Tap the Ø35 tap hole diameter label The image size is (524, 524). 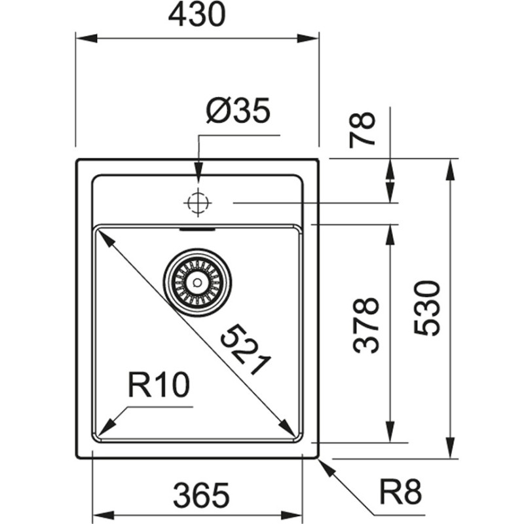(238, 113)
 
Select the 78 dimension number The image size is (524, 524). (362, 129)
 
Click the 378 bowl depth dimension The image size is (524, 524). (366, 326)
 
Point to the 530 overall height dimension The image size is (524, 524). (427, 308)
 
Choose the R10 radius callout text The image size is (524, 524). (159, 386)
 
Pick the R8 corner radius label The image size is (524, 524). (400, 491)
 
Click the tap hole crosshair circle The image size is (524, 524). (198, 203)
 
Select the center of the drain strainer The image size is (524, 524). (196, 282)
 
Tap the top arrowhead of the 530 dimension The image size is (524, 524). (450, 169)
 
